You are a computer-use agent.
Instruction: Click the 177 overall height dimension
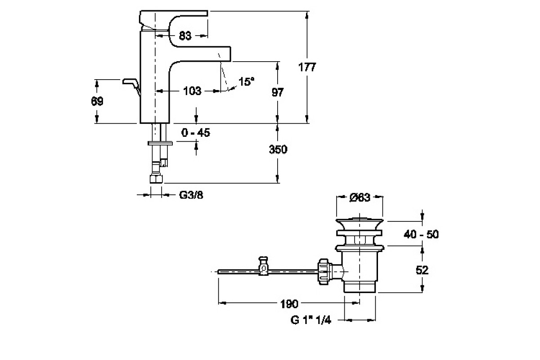[x=307, y=67]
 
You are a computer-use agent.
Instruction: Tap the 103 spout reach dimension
[x=192, y=91]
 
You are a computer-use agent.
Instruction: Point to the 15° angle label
[x=246, y=81]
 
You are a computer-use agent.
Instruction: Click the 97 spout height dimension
[x=278, y=92]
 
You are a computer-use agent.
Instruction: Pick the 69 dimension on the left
[x=97, y=101]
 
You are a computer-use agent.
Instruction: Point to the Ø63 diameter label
[x=360, y=197]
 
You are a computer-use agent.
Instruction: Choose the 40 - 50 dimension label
[x=421, y=234]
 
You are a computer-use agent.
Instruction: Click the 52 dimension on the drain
[x=422, y=270]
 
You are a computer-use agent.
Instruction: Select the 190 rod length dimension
[x=288, y=305]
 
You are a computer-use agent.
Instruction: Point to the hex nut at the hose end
[x=156, y=179]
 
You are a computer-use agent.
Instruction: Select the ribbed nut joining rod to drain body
[x=324, y=271]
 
